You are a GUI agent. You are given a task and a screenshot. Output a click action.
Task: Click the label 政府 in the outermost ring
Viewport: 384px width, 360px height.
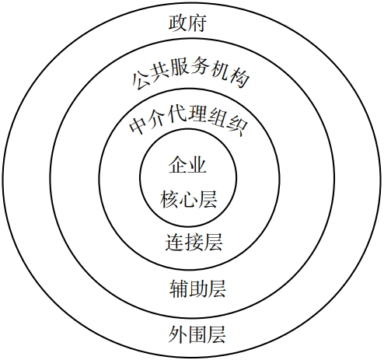[187, 23]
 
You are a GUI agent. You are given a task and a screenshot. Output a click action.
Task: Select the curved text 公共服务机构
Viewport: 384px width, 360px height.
[190, 72]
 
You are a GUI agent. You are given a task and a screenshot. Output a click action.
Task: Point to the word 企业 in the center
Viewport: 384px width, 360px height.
[187, 165]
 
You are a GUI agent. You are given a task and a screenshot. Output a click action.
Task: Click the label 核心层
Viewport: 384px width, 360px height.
[188, 199]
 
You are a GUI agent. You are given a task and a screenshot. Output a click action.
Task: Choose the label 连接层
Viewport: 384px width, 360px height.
[194, 243]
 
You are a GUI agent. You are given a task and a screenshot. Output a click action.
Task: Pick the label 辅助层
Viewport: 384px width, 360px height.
[197, 288]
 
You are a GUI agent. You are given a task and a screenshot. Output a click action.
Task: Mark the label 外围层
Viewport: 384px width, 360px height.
[197, 334]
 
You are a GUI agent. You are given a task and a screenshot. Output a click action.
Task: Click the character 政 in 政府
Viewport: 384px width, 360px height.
[178, 23]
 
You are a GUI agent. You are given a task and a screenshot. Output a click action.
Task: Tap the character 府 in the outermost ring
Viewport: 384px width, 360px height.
[197, 23]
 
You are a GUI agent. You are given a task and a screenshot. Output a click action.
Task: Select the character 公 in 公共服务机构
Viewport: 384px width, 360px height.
[140, 81]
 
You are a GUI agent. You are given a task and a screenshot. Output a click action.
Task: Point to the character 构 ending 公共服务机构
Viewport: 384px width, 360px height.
[240, 79]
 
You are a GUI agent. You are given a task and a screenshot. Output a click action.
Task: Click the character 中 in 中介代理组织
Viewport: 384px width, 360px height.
[138, 127]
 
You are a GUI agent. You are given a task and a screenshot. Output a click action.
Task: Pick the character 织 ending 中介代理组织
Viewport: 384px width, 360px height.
[238, 127]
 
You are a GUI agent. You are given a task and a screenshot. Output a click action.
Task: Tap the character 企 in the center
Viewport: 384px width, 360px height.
[178, 165]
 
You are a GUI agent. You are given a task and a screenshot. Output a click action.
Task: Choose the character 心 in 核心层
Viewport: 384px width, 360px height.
[188, 199]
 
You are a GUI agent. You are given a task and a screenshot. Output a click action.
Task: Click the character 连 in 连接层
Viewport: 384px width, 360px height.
[175, 243]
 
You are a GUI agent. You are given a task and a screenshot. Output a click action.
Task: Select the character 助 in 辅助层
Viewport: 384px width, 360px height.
[197, 288]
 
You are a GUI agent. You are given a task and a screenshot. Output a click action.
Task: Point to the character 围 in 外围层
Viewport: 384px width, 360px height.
[197, 334]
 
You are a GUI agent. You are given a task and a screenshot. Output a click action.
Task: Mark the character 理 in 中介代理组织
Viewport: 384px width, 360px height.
[198, 114]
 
